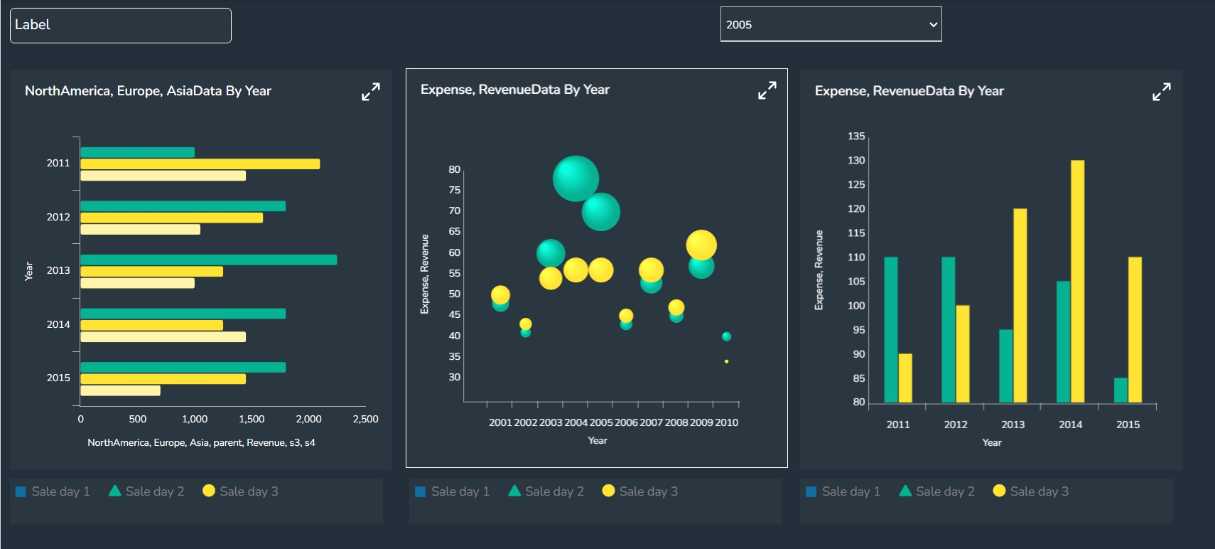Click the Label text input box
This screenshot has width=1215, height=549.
pos(120,26)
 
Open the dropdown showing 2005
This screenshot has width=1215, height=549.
pos(830,24)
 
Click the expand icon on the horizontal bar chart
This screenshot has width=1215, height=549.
pos(370,92)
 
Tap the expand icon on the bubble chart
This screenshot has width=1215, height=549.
pos(767,90)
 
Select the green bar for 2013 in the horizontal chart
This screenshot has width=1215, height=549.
pos(208,260)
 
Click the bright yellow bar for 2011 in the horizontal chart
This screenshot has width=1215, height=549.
pos(200,164)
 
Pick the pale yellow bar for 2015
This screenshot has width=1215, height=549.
pos(120,390)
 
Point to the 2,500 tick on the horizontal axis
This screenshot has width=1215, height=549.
pos(365,419)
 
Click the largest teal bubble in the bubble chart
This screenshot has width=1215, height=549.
pos(576,178)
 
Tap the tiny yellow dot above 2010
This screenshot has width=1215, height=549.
pos(726,361)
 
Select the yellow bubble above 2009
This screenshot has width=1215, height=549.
pos(701,245)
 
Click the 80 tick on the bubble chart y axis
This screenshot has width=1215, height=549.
pos(454,169)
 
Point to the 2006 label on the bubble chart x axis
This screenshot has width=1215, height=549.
pos(626,422)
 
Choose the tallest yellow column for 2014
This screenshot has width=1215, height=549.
pos(1077,281)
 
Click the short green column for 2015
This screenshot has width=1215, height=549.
pos(1120,390)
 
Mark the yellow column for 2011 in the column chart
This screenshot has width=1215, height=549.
pos(905,378)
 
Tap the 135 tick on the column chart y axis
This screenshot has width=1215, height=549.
pos(856,136)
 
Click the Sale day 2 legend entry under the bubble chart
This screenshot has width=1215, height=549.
pos(546,491)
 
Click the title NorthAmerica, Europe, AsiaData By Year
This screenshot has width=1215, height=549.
pos(148,91)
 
